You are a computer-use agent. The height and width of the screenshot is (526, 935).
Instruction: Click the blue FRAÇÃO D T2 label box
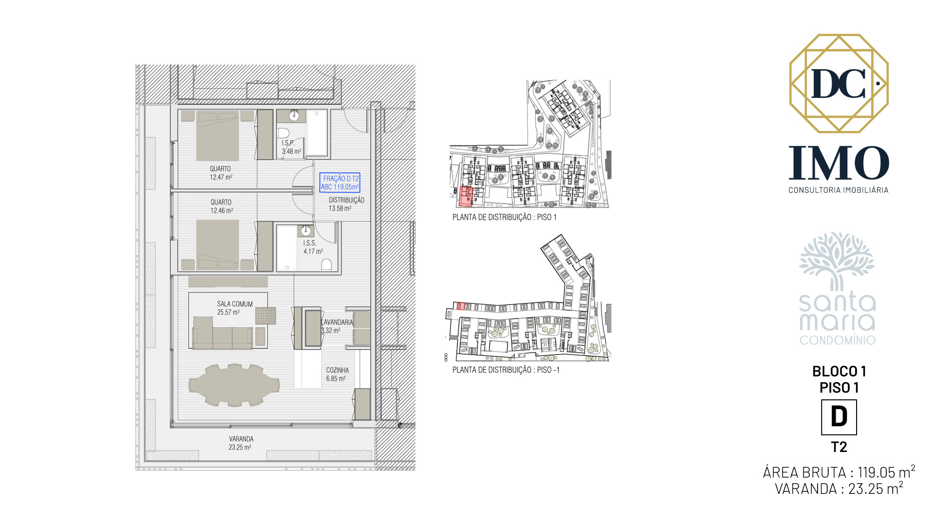(339, 183)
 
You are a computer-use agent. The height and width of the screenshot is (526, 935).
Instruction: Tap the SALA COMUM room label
(235, 308)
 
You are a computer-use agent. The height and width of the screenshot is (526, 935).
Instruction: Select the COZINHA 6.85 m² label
(337, 374)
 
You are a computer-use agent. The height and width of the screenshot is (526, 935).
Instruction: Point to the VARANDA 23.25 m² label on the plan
(241, 443)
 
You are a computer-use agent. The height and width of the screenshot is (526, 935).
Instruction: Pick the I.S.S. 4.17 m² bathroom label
(313, 247)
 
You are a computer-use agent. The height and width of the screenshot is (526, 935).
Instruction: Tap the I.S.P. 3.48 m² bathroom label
(291, 147)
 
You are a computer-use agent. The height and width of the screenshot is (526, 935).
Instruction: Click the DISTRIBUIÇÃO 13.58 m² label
(346, 204)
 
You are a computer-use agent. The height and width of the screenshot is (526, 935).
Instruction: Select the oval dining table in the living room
(234, 385)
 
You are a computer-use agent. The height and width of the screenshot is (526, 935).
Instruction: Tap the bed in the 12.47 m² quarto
(218, 135)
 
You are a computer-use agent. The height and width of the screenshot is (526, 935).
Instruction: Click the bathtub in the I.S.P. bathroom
(317, 133)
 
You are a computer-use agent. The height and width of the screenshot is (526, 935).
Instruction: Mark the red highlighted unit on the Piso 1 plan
(466, 197)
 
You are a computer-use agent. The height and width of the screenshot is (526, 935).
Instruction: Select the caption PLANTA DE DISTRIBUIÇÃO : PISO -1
(506, 370)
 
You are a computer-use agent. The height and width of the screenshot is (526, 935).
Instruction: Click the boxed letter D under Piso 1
(839, 417)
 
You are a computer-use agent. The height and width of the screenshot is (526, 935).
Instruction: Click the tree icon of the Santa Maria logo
(837, 261)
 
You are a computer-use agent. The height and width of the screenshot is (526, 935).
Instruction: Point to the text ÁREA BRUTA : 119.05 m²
(839, 472)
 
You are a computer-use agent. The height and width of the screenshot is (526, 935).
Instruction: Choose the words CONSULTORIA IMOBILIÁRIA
(839, 190)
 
